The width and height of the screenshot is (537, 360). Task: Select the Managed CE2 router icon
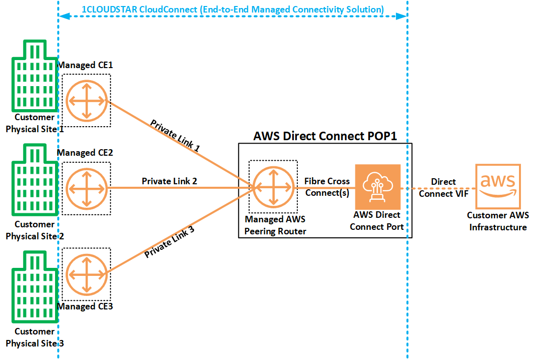(87, 189)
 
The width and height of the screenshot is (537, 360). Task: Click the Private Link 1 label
(175, 136)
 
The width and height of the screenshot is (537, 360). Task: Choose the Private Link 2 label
(169, 181)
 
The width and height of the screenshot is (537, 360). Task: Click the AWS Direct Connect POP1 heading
(325, 136)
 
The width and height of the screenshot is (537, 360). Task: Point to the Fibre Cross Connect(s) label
(327, 187)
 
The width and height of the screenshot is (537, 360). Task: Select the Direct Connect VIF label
(443, 187)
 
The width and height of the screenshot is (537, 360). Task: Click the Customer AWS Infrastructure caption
(498, 221)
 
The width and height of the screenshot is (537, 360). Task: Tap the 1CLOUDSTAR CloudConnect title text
(233, 10)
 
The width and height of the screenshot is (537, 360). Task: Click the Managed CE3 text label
(85, 306)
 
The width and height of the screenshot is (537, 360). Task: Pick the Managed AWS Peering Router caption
(275, 225)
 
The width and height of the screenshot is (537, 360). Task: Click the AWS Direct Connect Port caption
(377, 221)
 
